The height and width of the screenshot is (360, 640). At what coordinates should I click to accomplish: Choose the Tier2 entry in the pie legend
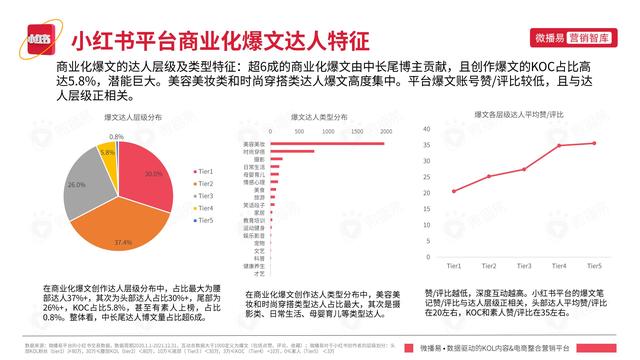[205, 184]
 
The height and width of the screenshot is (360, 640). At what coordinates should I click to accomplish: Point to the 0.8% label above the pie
[117, 136]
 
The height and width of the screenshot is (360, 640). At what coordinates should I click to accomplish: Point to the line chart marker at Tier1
[453, 191]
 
